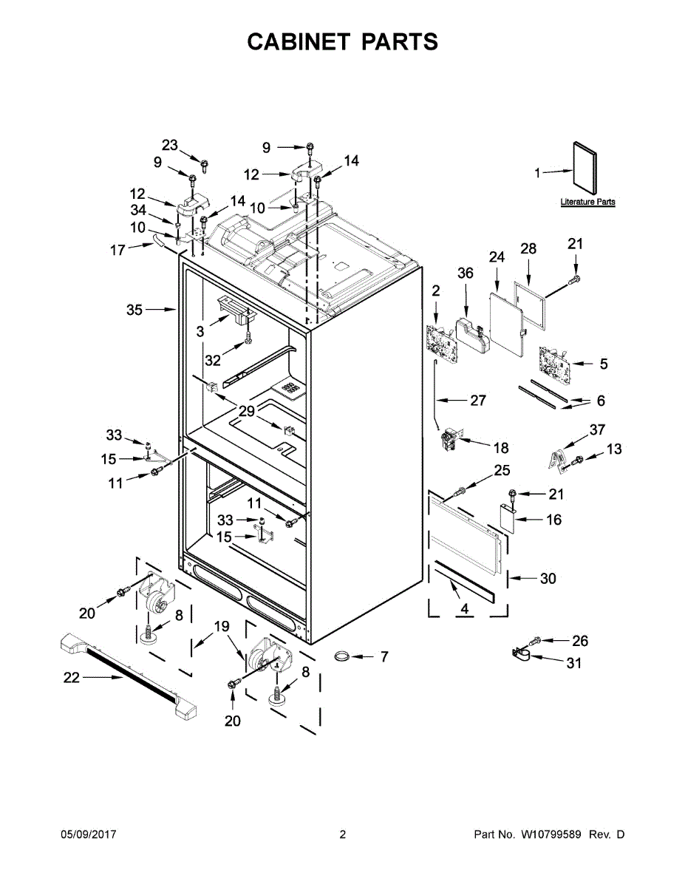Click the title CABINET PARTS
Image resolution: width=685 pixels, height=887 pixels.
tap(342, 42)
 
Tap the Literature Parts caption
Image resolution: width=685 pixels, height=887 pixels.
tap(587, 202)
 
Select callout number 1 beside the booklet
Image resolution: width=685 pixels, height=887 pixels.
tap(538, 173)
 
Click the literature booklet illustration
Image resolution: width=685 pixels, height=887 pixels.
tap(585, 167)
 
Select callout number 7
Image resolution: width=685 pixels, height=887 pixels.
tap(384, 656)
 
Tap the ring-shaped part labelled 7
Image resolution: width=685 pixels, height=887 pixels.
tap(344, 656)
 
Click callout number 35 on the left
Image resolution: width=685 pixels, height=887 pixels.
tap(134, 310)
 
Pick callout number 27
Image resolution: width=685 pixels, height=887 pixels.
tap(478, 400)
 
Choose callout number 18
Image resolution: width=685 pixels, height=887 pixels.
tap(501, 447)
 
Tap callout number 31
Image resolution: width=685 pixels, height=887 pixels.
tap(573, 663)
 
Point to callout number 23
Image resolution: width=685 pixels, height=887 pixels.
tap(170, 145)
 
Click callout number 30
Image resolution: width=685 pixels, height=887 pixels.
tap(548, 579)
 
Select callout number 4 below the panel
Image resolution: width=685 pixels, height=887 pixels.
tap(464, 608)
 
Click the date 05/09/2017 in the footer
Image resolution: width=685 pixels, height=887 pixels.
tap(88, 835)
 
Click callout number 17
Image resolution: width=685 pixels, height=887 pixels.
tap(117, 250)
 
